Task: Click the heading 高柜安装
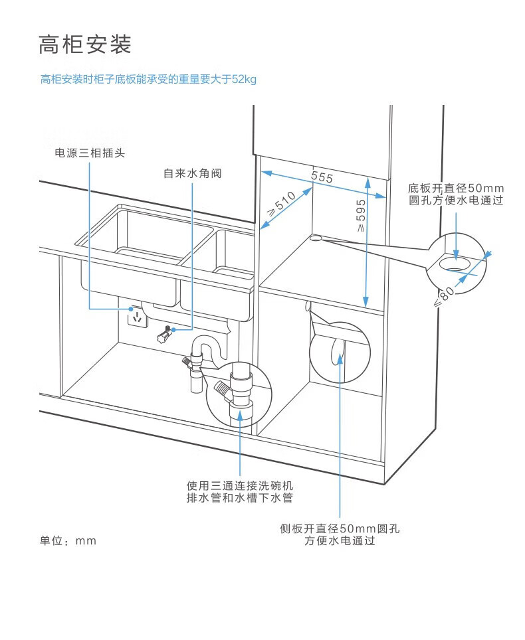tap(85, 45)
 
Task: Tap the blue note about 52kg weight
tap(148, 80)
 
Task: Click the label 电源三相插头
tap(90, 153)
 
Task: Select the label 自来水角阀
tap(192, 174)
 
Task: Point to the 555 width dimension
tap(322, 177)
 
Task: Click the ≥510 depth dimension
tap(281, 205)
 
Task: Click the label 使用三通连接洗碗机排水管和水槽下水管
tap(239, 492)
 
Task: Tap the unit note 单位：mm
tap(68, 541)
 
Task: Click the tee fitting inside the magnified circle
tap(239, 393)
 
